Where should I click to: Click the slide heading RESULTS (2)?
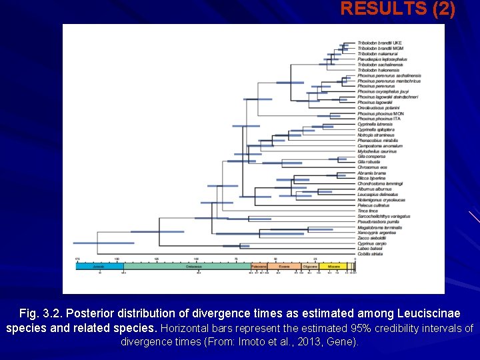pyautogui.click(x=398, y=9)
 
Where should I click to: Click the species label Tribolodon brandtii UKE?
pyautogui.click(x=379, y=43)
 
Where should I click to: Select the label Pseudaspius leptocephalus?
pyautogui.click(x=381, y=59)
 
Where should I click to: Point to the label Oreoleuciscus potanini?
pyautogui.click(x=378, y=107)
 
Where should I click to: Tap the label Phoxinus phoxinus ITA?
pyautogui.click(x=379, y=119)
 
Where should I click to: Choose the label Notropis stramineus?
pyautogui.click(x=376, y=135)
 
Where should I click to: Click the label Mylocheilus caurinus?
pyautogui.click(x=377, y=151)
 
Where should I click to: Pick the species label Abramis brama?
pyautogui.click(x=371, y=173)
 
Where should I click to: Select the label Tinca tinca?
pyautogui.click(x=368, y=211)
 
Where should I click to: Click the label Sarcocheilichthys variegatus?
pyautogui.click(x=384, y=216)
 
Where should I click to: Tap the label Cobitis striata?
pyautogui.click(x=370, y=254)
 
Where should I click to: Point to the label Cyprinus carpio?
pyautogui.click(x=372, y=243)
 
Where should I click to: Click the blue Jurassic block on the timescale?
pyautogui.click(x=98, y=265)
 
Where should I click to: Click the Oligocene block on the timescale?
pyautogui.click(x=309, y=265)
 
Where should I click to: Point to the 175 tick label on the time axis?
pyautogui.click(x=77, y=259)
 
